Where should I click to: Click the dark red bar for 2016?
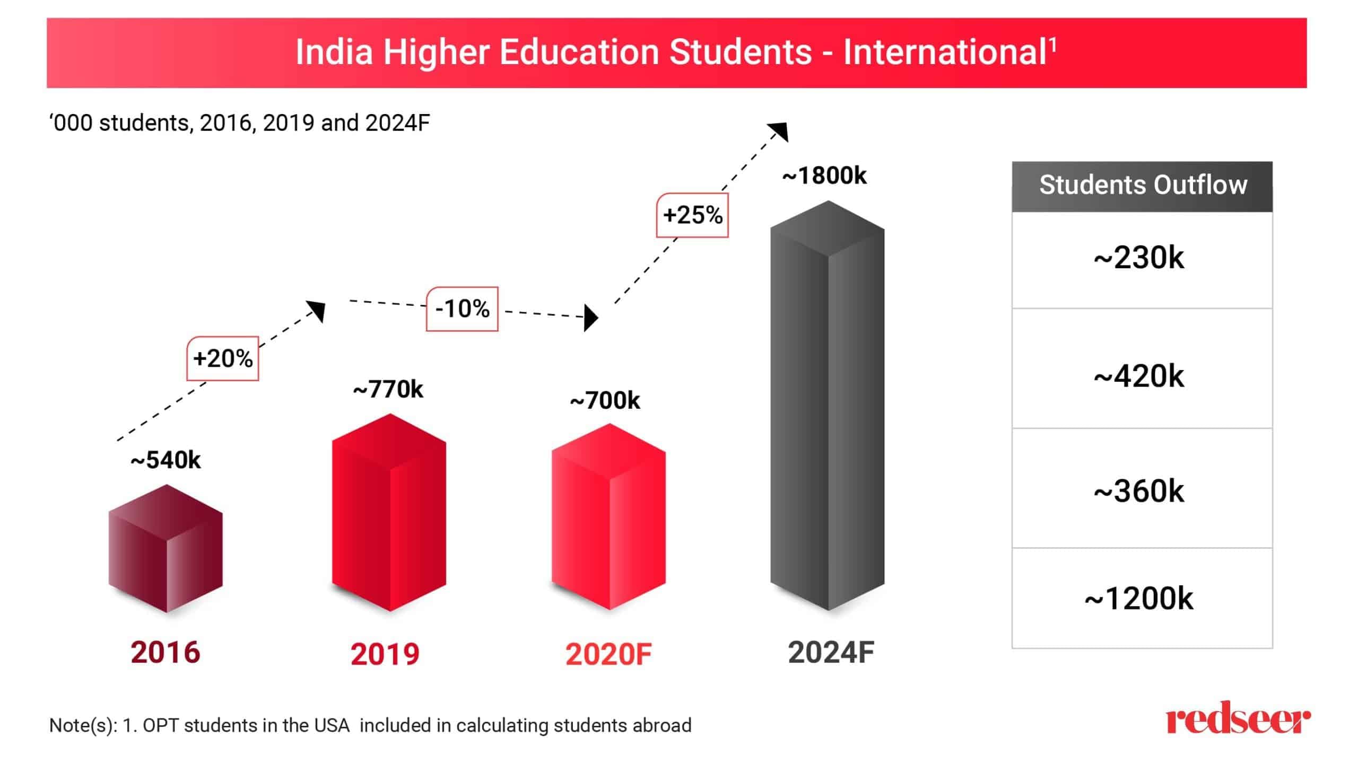166,549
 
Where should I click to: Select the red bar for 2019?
389,513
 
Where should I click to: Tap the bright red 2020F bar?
608,517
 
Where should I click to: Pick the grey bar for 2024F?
827,406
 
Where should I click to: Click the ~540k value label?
166,460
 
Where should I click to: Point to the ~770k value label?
388,390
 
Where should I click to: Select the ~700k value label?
605,401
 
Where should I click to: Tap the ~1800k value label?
824,176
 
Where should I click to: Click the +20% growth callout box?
223,359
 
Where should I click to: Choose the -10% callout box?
462,309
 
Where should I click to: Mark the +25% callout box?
692,215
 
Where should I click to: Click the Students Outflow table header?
1142,186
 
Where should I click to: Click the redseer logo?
1238,718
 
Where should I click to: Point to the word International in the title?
944,52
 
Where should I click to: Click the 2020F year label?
608,654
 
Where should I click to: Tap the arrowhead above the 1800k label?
780,131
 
